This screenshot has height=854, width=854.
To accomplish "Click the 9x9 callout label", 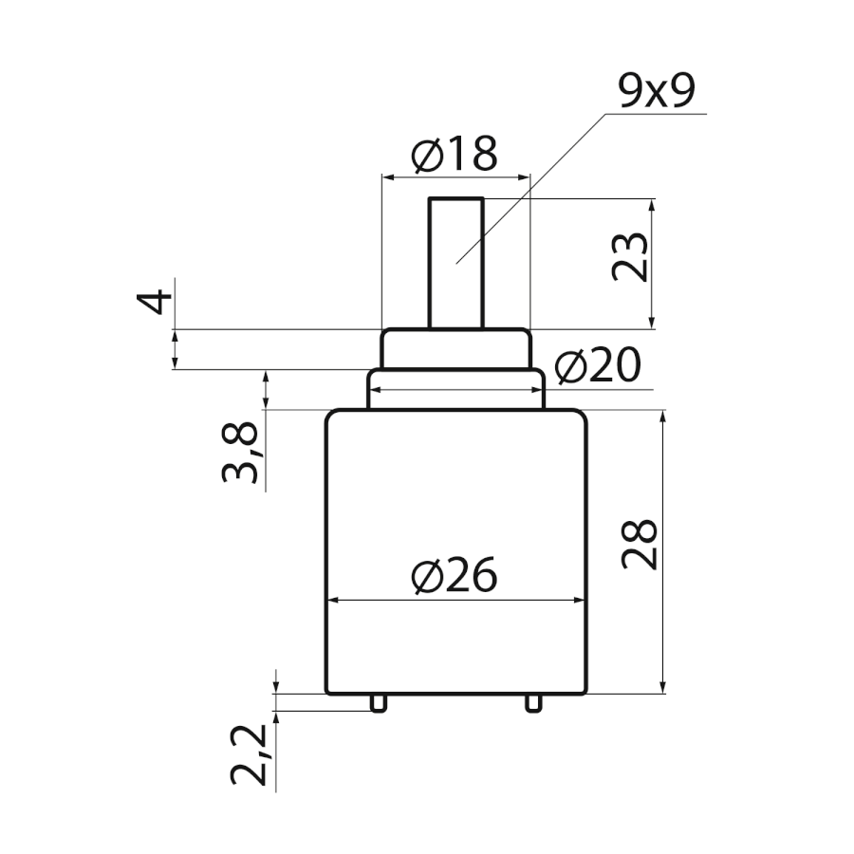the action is (657, 91).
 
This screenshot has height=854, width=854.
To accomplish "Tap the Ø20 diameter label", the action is (598, 365).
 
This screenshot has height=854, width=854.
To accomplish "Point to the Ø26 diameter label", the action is (455, 575).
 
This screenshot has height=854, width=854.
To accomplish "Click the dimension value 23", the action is (630, 257).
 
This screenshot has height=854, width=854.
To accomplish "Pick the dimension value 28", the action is (640, 545).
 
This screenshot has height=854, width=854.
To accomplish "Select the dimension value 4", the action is (154, 303).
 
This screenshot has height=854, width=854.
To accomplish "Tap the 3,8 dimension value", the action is (239, 452).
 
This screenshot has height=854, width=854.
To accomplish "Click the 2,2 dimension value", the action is (248, 755).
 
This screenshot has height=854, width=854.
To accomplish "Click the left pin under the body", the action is (379, 702).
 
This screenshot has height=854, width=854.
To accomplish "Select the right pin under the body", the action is (533, 702).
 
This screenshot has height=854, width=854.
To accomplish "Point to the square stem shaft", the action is (456, 263).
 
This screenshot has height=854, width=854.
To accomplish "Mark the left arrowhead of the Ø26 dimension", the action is (332, 601).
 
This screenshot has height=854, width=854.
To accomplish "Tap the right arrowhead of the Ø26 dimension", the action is (580, 601).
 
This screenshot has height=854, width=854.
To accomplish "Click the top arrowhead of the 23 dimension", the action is (653, 205).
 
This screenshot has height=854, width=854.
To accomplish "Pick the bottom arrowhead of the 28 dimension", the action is (663, 687).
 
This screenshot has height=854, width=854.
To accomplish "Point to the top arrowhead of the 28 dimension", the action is (663, 417).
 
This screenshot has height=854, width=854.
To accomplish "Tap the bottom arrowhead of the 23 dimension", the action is (653, 322).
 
